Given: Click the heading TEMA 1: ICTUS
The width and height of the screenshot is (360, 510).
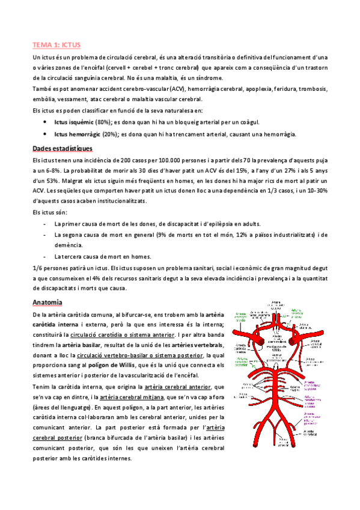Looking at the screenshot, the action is [56, 45].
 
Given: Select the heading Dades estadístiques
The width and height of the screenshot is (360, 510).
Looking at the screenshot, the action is [62, 148].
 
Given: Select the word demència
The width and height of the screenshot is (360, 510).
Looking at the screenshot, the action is [67, 246].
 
